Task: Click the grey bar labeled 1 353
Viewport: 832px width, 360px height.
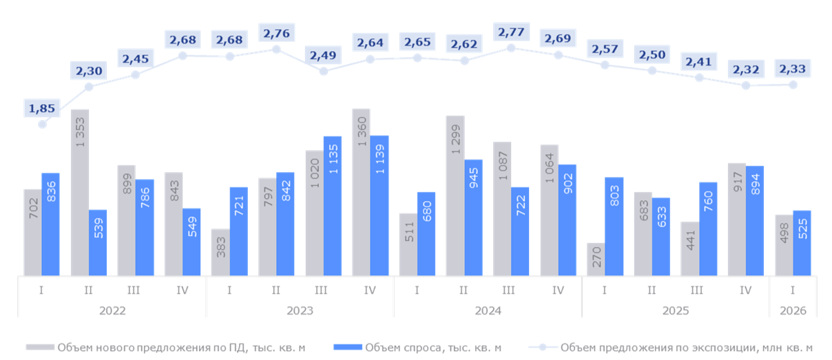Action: (80, 193)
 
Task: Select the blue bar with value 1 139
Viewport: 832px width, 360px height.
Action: (379, 206)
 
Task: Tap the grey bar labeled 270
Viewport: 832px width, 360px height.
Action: (596, 260)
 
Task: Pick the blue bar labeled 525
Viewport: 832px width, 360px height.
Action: (802, 243)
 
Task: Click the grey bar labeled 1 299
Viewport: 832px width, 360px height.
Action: (455, 196)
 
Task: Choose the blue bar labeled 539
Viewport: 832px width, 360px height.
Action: (98, 243)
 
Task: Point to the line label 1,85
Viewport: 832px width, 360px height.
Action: (42, 108)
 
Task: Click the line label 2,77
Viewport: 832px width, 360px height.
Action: (511, 32)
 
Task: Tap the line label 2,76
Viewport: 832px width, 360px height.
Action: (276, 32)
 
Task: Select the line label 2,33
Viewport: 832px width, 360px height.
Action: (793, 68)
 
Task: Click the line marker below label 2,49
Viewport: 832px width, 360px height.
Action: (324, 70)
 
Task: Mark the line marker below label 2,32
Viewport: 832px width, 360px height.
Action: (746, 85)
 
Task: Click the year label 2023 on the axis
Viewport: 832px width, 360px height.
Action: (300, 310)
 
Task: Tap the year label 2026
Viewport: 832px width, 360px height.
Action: (793, 310)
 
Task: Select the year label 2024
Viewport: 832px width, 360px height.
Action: (488, 310)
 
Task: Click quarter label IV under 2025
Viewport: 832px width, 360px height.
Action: (745, 290)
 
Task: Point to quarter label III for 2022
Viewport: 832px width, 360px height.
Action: (134, 290)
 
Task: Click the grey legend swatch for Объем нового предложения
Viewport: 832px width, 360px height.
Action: (40, 348)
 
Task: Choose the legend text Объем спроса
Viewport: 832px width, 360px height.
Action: (432, 348)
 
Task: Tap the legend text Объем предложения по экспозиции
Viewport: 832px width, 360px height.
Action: (686, 348)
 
